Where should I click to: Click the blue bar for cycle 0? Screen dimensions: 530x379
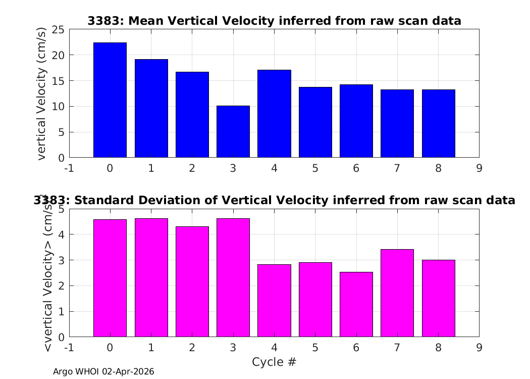(110, 100)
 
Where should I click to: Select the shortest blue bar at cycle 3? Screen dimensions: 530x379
(233, 131)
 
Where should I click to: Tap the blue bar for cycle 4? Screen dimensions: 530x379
(274, 114)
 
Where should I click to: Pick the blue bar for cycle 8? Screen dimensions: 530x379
(439, 123)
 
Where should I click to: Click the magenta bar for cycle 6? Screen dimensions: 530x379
(356, 305)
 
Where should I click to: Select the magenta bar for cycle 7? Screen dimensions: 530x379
(397, 293)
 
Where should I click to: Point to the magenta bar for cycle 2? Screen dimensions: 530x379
(192, 282)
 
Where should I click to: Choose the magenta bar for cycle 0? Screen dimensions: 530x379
(110, 278)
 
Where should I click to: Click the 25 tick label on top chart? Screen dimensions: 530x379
(58, 30)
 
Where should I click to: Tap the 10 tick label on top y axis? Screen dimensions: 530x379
(58, 107)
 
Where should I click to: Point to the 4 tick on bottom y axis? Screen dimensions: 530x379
(61, 234)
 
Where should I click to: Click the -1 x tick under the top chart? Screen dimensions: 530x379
(69, 168)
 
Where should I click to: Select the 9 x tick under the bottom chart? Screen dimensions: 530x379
(479, 348)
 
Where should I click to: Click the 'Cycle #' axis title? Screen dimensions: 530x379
(274, 362)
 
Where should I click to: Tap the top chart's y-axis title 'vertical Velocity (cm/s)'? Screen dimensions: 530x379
(41, 93)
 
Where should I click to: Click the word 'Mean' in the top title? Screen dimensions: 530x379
(147, 21)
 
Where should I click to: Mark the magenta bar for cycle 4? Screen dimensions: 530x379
(274, 301)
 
